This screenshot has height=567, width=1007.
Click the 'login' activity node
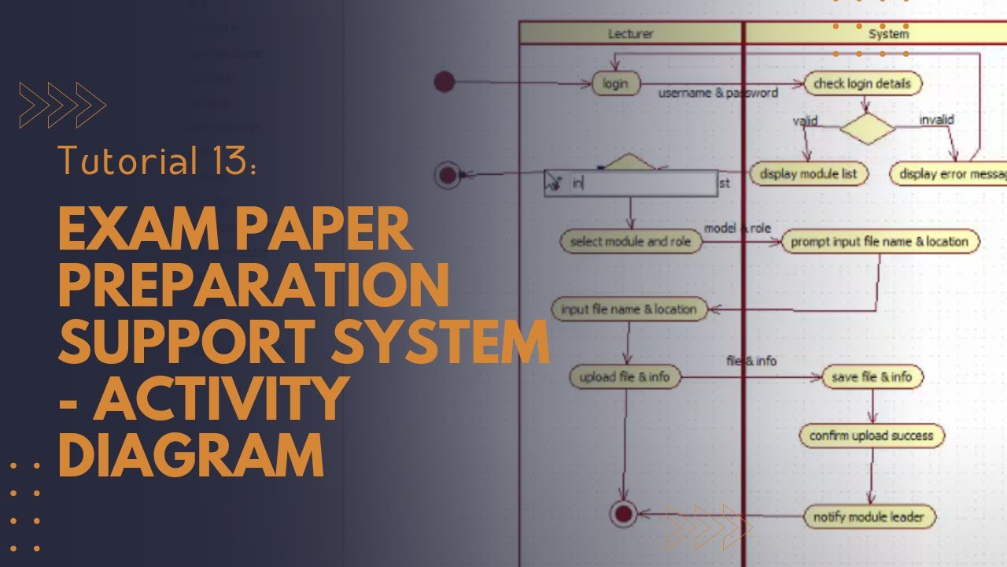tap(615, 83)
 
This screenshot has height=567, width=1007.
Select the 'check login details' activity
tap(862, 83)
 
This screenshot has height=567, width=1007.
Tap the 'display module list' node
tap(808, 174)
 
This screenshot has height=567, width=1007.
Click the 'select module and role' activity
tap(630, 242)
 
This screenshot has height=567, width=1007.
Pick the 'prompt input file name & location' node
tap(880, 242)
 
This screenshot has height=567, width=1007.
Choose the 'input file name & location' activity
tap(629, 309)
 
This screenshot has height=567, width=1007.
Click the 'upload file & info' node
tap(625, 377)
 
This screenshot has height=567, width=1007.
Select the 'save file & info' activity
tap(872, 377)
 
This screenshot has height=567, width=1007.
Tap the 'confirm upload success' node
tap(871, 435)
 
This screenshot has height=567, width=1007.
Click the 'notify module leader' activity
tap(869, 517)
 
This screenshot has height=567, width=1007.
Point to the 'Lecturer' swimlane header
tap(630, 34)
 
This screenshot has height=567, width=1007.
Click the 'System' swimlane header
tap(888, 34)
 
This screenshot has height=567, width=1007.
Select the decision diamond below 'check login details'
tap(867, 129)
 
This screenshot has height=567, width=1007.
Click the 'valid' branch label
tap(805, 121)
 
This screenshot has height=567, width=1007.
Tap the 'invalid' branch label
tap(936, 120)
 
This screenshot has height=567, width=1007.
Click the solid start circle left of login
tap(444, 81)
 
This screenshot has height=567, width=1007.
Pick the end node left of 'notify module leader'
tap(623, 514)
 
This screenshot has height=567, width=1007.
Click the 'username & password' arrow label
tap(717, 93)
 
